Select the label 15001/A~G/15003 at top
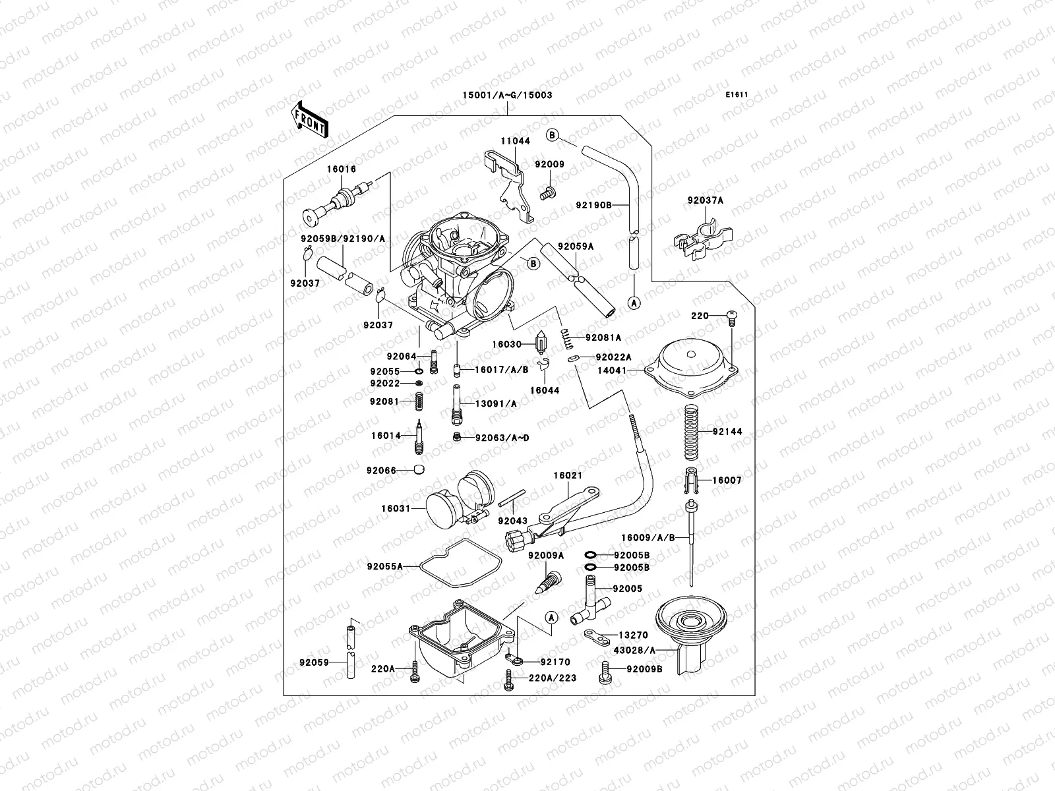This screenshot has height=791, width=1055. (x=507, y=95)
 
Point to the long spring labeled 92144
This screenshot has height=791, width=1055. (x=691, y=432)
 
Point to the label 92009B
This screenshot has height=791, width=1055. (x=644, y=670)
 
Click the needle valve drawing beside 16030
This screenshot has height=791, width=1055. (x=542, y=341)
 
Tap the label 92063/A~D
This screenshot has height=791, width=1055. (x=502, y=438)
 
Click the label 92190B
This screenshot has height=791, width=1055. (x=593, y=205)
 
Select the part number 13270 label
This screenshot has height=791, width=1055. (x=633, y=635)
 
